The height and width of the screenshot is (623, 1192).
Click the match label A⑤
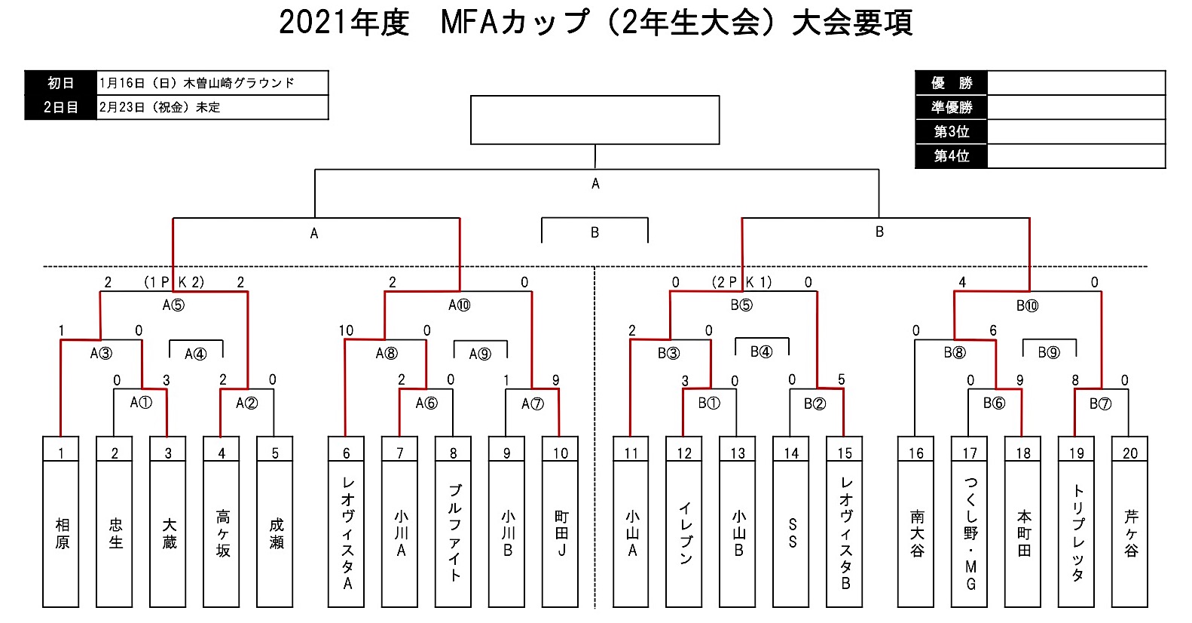pos(173,305)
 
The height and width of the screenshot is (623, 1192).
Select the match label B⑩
pos(1027,305)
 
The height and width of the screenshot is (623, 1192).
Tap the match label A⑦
pos(532,404)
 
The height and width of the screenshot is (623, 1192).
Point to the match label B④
pos(761,351)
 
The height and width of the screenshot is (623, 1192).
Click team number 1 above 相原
pos(61,453)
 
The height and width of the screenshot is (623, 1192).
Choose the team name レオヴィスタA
pos(347,532)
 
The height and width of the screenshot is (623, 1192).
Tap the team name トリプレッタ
pos(1077,532)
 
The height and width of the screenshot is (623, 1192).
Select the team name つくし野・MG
pos(970,532)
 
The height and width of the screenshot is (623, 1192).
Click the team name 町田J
pos(561,532)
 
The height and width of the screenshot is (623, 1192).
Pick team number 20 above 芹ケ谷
pos(1129,453)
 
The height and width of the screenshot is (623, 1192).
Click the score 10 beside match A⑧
pos(346,330)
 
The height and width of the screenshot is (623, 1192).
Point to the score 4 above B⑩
pos(962,282)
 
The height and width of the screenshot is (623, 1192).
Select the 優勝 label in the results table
pos(951,83)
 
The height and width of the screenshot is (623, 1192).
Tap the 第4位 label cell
pos(951,155)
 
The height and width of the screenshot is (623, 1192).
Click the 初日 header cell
pos(61,83)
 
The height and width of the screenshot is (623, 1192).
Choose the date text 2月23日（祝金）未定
pos(160,107)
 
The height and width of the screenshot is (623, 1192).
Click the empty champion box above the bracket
pos(594,119)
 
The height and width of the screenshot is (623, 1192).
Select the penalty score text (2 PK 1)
pos(742,282)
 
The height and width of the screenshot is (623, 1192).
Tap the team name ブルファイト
pos(454,532)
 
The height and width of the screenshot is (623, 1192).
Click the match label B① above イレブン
pos(708,403)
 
